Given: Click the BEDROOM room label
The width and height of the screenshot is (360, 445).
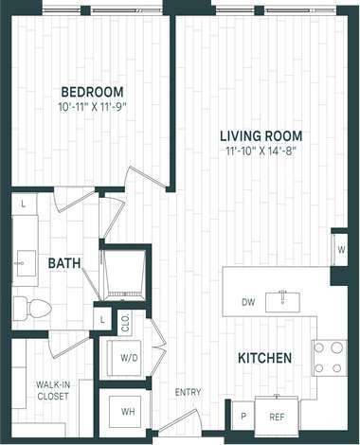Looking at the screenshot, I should [93, 92].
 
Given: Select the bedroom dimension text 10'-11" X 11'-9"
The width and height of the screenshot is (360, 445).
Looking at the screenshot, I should [93, 106].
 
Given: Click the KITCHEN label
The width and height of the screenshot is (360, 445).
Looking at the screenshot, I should [264, 358].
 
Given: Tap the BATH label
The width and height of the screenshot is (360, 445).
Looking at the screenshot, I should [63, 263].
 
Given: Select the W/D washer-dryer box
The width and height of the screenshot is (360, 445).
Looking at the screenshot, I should [131, 358].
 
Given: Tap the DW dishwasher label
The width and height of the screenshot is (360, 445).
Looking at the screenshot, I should [248, 303].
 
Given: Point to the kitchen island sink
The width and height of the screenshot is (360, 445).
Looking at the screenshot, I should [281, 301].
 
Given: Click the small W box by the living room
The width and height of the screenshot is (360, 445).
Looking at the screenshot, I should [339, 250].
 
